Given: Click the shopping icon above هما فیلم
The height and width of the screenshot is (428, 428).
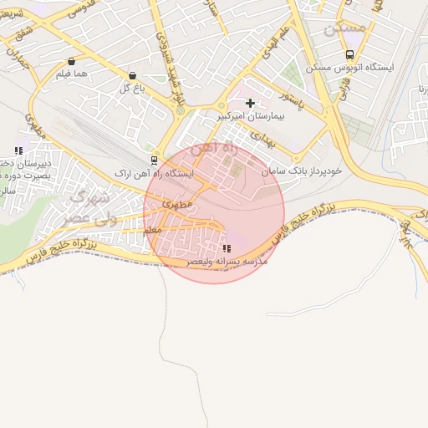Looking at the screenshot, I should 70,61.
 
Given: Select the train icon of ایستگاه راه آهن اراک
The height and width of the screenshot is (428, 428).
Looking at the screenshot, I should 153,160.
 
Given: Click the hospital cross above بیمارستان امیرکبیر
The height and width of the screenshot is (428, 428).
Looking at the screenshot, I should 250,102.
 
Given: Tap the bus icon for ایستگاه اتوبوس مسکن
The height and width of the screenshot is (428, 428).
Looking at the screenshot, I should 349,54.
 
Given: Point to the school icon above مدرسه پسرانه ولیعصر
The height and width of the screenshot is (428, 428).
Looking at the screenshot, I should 227,248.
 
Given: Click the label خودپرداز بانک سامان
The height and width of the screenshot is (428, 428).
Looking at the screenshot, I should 303,171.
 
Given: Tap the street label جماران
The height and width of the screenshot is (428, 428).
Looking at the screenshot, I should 18,59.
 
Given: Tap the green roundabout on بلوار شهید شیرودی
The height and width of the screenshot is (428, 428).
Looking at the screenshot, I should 180,110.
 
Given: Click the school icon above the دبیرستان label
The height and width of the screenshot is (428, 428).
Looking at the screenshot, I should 18,151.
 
